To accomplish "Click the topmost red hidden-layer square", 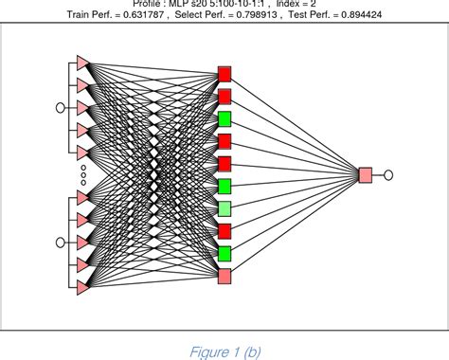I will (x=224, y=73).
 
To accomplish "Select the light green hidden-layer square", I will (x=224, y=208).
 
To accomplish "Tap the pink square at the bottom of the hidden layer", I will (x=224, y=276).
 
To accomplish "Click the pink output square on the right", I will (x=366, y=174).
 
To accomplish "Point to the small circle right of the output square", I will (x=387, y=174).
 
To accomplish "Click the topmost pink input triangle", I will (x=82, y=63).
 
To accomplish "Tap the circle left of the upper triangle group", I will (x=61, y=107).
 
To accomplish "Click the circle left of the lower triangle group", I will (x=61, y=242).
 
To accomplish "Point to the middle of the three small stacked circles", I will (x=83, y=174).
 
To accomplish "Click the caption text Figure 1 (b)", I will (x=224, y=351).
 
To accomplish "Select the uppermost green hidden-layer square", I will (x=224, y=118).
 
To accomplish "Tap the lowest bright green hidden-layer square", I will (x=224, y=253).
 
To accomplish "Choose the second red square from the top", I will (x=224, y=96).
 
